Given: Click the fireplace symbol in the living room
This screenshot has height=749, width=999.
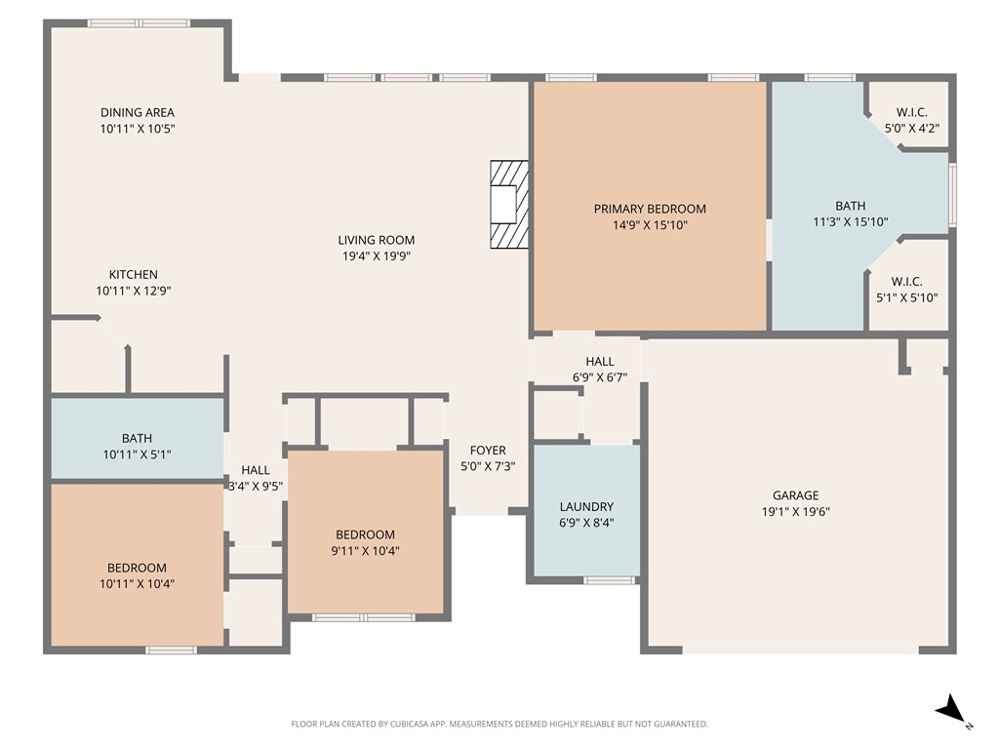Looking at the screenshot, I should pos(509,205).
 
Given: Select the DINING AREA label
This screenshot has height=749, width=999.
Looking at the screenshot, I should pos(138,112).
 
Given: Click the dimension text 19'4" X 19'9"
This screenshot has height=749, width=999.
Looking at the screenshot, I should pos(377,256).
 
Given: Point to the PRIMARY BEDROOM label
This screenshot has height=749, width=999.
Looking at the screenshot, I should pos(650,209).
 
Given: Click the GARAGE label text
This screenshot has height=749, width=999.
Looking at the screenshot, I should pos(795,495).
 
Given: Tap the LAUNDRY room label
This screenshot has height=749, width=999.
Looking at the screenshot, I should pos(586,506).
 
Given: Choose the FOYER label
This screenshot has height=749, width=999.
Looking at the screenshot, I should pos(488,450).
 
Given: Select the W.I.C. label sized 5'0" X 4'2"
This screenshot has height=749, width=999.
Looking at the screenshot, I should pos(911,112).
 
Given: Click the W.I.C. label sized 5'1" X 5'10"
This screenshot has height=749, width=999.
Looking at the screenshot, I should pos(906,282).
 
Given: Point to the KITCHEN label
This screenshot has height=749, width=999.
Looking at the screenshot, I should pos(133,274).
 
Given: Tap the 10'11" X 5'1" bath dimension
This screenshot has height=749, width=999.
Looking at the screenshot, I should pos(137,453).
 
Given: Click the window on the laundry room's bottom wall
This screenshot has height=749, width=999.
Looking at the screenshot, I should pos(609,580).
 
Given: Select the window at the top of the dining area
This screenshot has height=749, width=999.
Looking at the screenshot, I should pos(138,23).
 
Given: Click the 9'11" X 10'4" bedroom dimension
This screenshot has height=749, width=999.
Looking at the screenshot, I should pos(365,550).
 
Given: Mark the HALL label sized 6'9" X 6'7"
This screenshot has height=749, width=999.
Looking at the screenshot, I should pos(600,362).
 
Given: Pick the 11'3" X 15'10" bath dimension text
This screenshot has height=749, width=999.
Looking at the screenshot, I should pos(850,221).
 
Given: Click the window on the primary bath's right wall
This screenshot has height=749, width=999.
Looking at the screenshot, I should pos(952,196).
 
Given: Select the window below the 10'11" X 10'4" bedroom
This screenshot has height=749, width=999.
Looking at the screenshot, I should pos(171,650).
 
